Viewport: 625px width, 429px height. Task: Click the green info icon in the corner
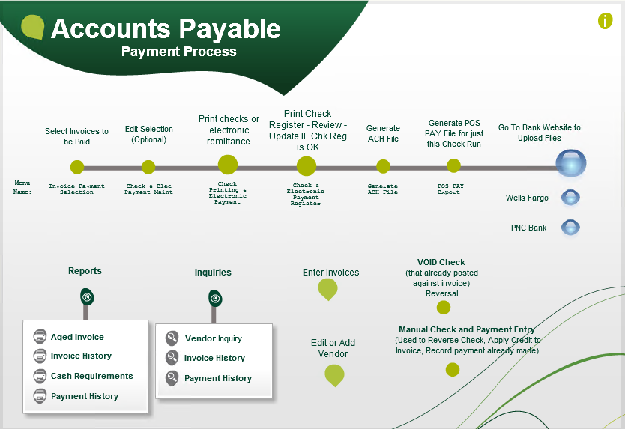(x=605, y=21)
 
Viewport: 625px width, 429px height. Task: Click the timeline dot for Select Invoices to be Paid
(x=77, y=167)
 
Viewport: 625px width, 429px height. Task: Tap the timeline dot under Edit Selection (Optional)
(x=148, y=167)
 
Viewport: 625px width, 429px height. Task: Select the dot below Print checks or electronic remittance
(x=228, y=165)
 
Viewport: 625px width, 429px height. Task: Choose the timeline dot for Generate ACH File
(x=383, y=166)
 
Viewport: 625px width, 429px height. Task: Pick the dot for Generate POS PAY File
(x=453, y=165)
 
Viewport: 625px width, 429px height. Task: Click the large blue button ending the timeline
(x=571, y=163)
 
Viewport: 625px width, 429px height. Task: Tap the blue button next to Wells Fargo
(x=570, y=198)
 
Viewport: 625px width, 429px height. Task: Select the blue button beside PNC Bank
(x=570, y=228)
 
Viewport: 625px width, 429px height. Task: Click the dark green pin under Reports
(x=87, y=297)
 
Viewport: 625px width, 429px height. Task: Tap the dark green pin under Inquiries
(x=215, y=298)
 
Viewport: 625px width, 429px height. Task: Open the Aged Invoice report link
(x=77, y=337)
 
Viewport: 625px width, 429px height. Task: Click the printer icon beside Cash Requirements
(x=40, y=376)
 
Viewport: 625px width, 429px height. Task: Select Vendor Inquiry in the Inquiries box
(x=214, y=338)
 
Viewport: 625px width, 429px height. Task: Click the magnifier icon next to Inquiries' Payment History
(x=172, y=377)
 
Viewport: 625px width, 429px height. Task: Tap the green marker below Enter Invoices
(x=327, y=289)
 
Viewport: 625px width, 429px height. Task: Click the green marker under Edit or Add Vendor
(x=334, y=375)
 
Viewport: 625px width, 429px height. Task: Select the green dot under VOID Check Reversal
(x=443, y=308)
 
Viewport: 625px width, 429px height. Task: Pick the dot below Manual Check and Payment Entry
(x=453, y=370)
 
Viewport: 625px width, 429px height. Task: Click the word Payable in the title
(x=229, y=29)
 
